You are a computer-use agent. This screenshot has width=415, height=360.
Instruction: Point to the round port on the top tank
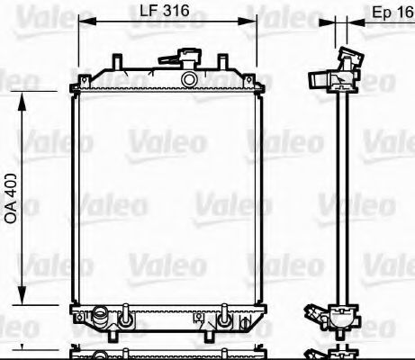click(x=188, y=80)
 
